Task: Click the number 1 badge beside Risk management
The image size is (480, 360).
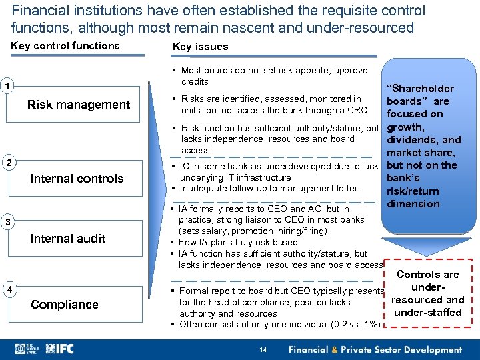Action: coord(7,86)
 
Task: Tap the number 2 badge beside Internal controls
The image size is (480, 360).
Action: coord(7,163)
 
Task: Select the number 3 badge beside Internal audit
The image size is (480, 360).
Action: coord(7,222)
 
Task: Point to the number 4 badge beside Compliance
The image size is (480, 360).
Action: coord(7,289)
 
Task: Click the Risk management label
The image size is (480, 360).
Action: coord(79,105)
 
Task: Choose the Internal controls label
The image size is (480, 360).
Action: coord(77,179)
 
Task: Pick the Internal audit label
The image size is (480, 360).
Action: coord(67,239)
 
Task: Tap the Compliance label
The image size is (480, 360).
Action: coord(64,305)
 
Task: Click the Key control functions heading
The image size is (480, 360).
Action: coord(65,46)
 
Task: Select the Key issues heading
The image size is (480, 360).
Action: coord(200,47)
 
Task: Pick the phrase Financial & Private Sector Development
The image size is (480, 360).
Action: coord(375,349)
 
